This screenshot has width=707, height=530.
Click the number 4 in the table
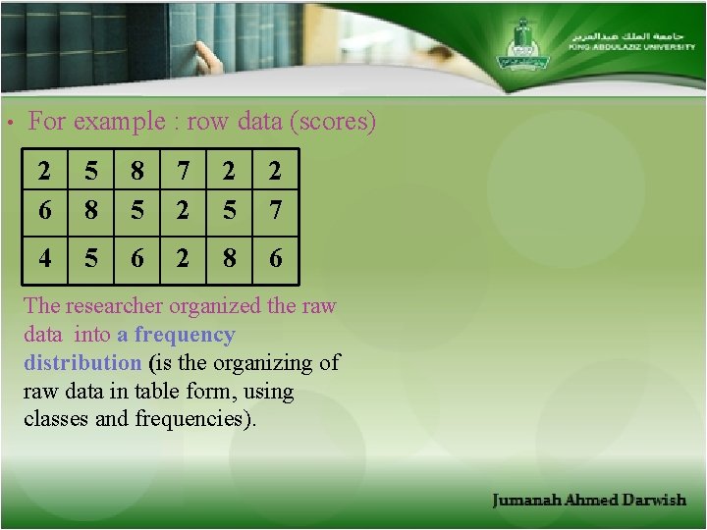tap(45, 258)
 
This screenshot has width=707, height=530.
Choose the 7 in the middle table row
tap(275, 210)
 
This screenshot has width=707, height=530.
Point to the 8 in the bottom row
tap(229, 258)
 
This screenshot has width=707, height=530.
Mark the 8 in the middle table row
tap(91, 210)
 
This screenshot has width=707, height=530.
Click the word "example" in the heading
tap(110, 123)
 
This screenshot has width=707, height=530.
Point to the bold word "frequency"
tap(185, 335)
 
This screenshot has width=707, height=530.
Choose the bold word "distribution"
tap(82, 362)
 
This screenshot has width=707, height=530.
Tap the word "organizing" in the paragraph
tap(267, 362)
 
